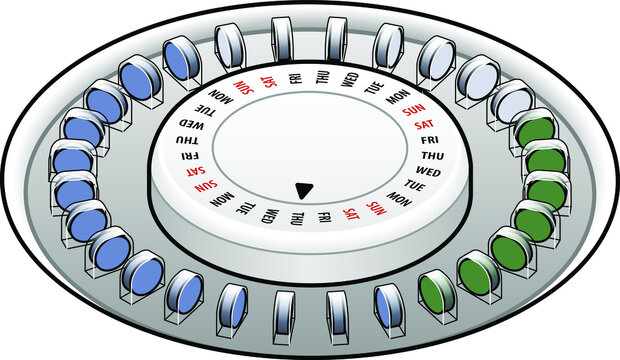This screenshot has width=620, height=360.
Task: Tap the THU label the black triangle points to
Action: coord(297,217)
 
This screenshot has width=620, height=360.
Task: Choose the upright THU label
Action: coord(431,158)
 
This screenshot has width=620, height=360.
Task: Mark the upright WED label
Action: coord(427,171)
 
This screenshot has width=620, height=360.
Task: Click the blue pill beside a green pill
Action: coord(387,302)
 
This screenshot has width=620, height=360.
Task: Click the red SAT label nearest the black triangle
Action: coord(351,212)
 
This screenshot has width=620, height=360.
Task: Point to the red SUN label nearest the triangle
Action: coord(377,207)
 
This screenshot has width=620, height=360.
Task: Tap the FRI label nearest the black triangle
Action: coord(325,216)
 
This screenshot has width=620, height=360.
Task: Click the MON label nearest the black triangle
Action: coord(400,198)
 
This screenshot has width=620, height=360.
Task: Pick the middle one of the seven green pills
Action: coord(538,219)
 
